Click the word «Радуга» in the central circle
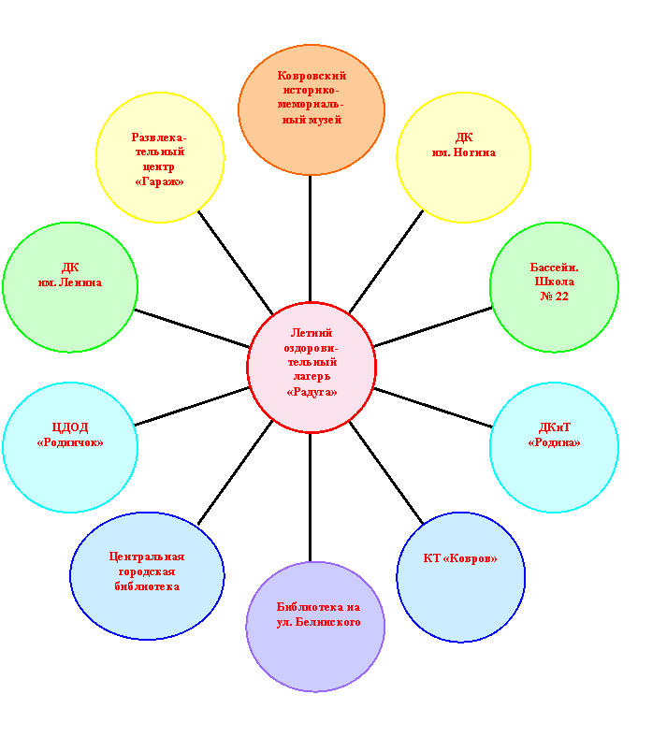tap(312, 392)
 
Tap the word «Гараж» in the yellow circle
tap(160, 181)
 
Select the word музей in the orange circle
tap(326, 120)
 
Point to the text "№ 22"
tap(555, 296)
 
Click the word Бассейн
tap(555, 268)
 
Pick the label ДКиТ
tap(555, 427)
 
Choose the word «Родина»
tap(555, 442)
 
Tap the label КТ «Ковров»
tap(460, 558)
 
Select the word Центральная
tap(147, 557)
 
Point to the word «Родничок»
tap(70, 442)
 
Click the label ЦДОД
tap(70, 427)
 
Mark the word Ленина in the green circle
tap(80, 282)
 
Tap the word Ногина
tap(474, 152)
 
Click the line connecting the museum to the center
tap(311, 239)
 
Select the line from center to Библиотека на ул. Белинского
tap(311, 498)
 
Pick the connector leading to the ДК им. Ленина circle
tap(192, 328)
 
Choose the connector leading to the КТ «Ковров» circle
tap(386, 473)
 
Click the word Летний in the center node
tap(312, 333)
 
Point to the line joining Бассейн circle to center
tap(432, 326)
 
